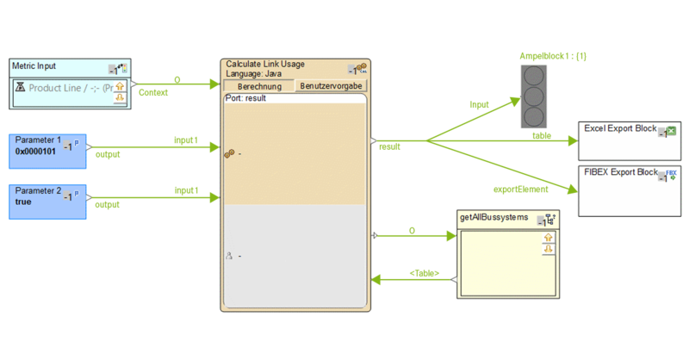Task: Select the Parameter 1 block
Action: [x=47, y=151]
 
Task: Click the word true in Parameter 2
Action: [x=23, y=202]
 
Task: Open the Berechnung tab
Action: [x=258, y=86]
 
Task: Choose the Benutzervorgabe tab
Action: [x=331, y=86]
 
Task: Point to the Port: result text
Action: [x=245, y=99]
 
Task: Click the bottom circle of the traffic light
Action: [x=536, y=116]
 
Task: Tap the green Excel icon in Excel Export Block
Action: [x=671, y=131]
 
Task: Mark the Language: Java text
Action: [x=254, y=73]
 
